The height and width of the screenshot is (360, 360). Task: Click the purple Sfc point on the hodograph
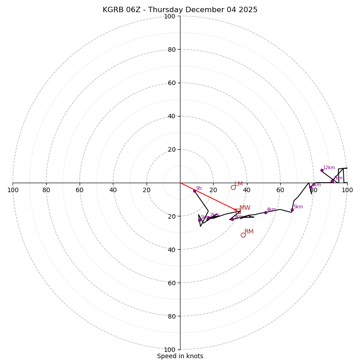pos(194,191)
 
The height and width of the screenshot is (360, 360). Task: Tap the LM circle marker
pos(233,187)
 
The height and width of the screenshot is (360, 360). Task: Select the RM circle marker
pos(243,235)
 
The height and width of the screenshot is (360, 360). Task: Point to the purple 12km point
pos(322,170)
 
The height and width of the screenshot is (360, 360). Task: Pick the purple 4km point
pos(265,212)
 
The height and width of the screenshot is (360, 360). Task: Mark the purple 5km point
pos(292,210)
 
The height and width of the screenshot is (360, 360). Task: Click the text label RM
pos(249,232)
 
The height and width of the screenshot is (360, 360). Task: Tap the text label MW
pos(245,208)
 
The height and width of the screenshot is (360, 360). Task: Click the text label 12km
pos(329,168)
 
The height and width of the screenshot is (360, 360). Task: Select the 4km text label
pos(271,210)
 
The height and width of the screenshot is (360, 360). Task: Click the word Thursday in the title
pos(169,10)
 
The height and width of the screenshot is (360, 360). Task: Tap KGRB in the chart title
pos(113,10)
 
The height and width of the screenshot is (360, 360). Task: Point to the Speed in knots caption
pos(180,356)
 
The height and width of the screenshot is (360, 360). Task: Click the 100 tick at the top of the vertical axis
pos(170,16)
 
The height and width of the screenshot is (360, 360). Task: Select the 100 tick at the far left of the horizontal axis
pos(13,190)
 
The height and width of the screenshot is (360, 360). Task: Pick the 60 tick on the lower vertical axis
pos(171,283)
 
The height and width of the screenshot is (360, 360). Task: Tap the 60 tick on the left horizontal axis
pos(80,190)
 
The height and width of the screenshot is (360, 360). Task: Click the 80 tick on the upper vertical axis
pos(171,49)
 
